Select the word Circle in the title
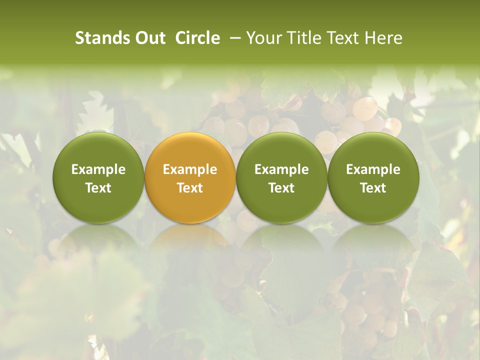(197, 38)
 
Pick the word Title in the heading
(302, 38)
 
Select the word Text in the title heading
(342, 38)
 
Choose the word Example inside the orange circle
(190, 169)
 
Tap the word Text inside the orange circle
(190, 188)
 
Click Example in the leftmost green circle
(98, 169)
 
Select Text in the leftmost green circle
(98, 188)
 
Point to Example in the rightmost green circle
(373, 169)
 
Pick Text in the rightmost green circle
(373, 188)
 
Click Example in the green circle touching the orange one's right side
(281, 169)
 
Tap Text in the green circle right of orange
(281, 188)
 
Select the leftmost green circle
(98, 150)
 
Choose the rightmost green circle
(373, 150)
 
